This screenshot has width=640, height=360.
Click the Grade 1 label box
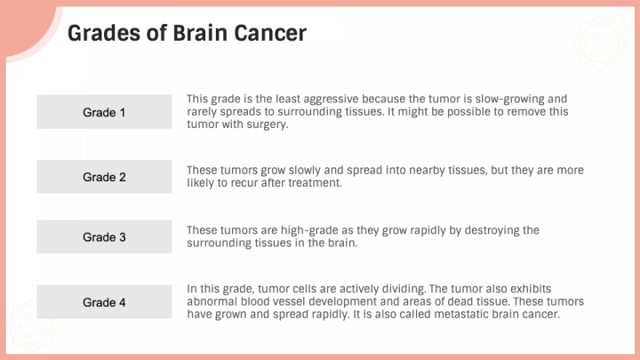(x=104, y=112)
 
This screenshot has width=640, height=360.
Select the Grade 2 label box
(x=104, y=177)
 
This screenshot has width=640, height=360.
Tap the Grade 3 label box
(x=104, y=237)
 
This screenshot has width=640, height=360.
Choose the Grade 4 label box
(x=104, y=302)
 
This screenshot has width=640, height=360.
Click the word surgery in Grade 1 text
(x=268, y=125)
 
